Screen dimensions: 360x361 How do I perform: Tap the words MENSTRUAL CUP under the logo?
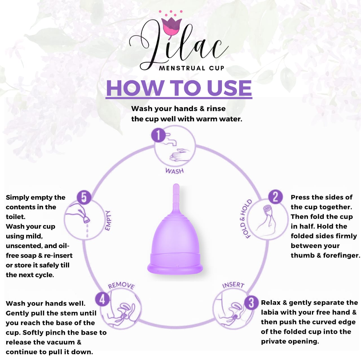click(x=191, y=68)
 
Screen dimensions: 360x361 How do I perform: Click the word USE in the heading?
click(x=229, y=88)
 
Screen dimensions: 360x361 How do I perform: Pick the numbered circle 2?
click(x=275, y=197)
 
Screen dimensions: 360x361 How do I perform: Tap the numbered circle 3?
click(x=251, y=303)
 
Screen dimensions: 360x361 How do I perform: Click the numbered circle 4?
click(x=102, y=299)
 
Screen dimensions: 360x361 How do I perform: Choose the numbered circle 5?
click(x=84, y=197)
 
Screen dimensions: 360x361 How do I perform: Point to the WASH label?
click(x=175, y=171)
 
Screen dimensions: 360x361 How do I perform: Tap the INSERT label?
click(x=233, y=285)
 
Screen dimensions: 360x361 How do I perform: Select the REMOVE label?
click(x=121, y=286)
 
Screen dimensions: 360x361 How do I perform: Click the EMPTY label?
click(x=108, y=220)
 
